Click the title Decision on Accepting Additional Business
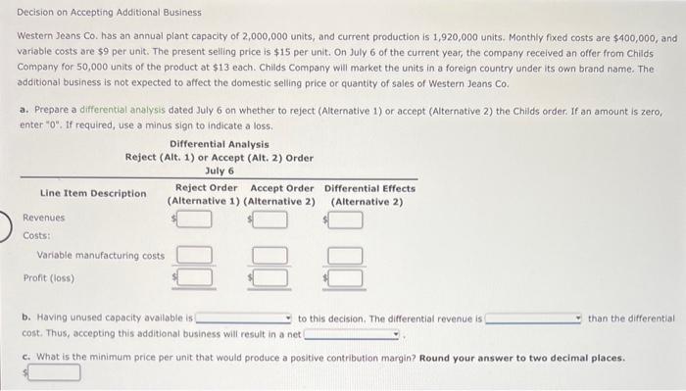pyautogui.click(x=101, y=13)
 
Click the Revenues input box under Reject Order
pyautogui.click(x=195, y=219)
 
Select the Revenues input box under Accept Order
pyautogui.click(x=270, y=219)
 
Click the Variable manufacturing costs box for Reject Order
pyautogui.click(x=195, y=256)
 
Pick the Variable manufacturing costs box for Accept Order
pyautogui.click(x=270, y=256)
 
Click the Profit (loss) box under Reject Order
pyautogui.click(x=195, y=277)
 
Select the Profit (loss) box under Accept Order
pyautogui.click(x=270, y=277)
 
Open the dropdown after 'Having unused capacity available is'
pyautogui.click(x=245, y=318)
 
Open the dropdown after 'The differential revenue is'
pyautogui.click(x=535, y=318)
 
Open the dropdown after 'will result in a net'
pyautogui.click(x=353, y=334)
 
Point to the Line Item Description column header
pyautogui.click(x=93, y=193)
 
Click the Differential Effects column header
pyautogui.click(x=369, y=188)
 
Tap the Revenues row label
pyautogui.click(x=43, y=218)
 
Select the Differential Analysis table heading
pyautogui.click(x=219, y=144)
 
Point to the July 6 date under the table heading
pyautogui.click(x=219, y=170)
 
